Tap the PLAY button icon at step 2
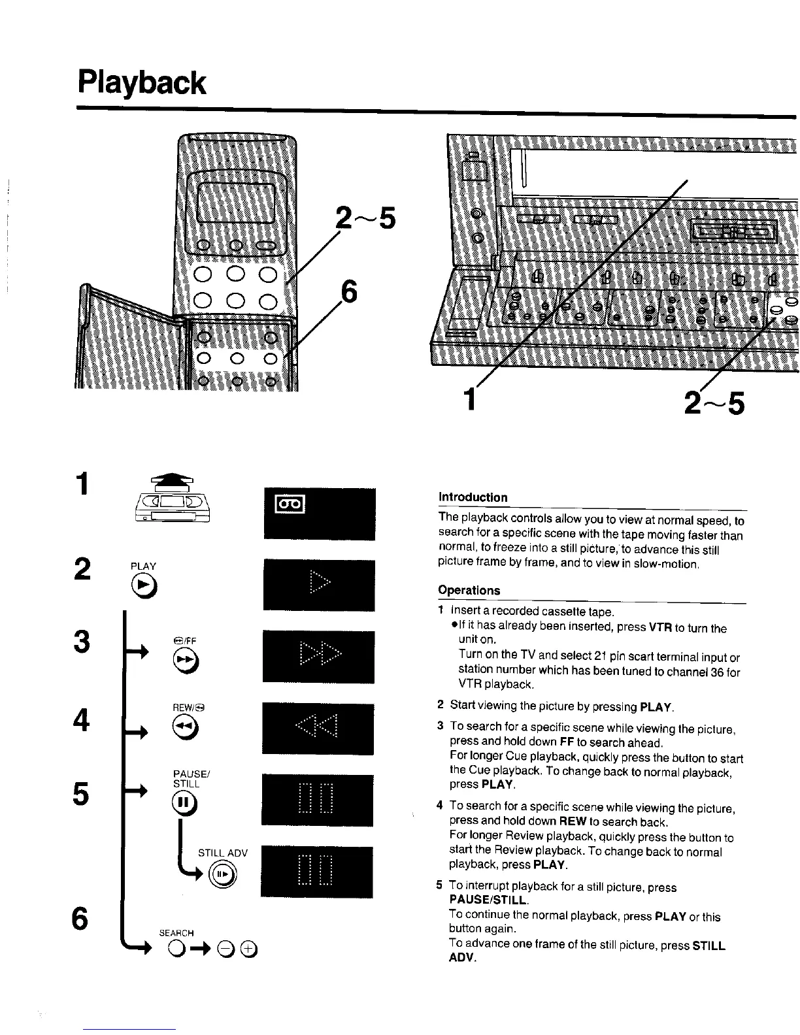click(144, 588)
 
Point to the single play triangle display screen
click(319, 585)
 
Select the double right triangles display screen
click(319, 656)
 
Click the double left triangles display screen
click(318, 728)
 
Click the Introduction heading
click(473, 497)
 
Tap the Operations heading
click(469, 590)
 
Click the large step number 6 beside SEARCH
click(80, 919)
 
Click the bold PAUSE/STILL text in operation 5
click(488, 901)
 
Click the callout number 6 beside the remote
click(350, 291)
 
